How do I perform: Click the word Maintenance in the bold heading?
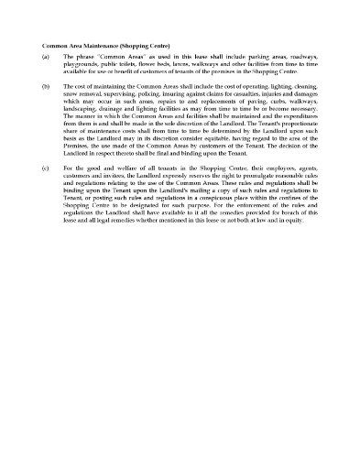click(x=103, y=45)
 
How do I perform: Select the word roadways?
click(x=300, y=57)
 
